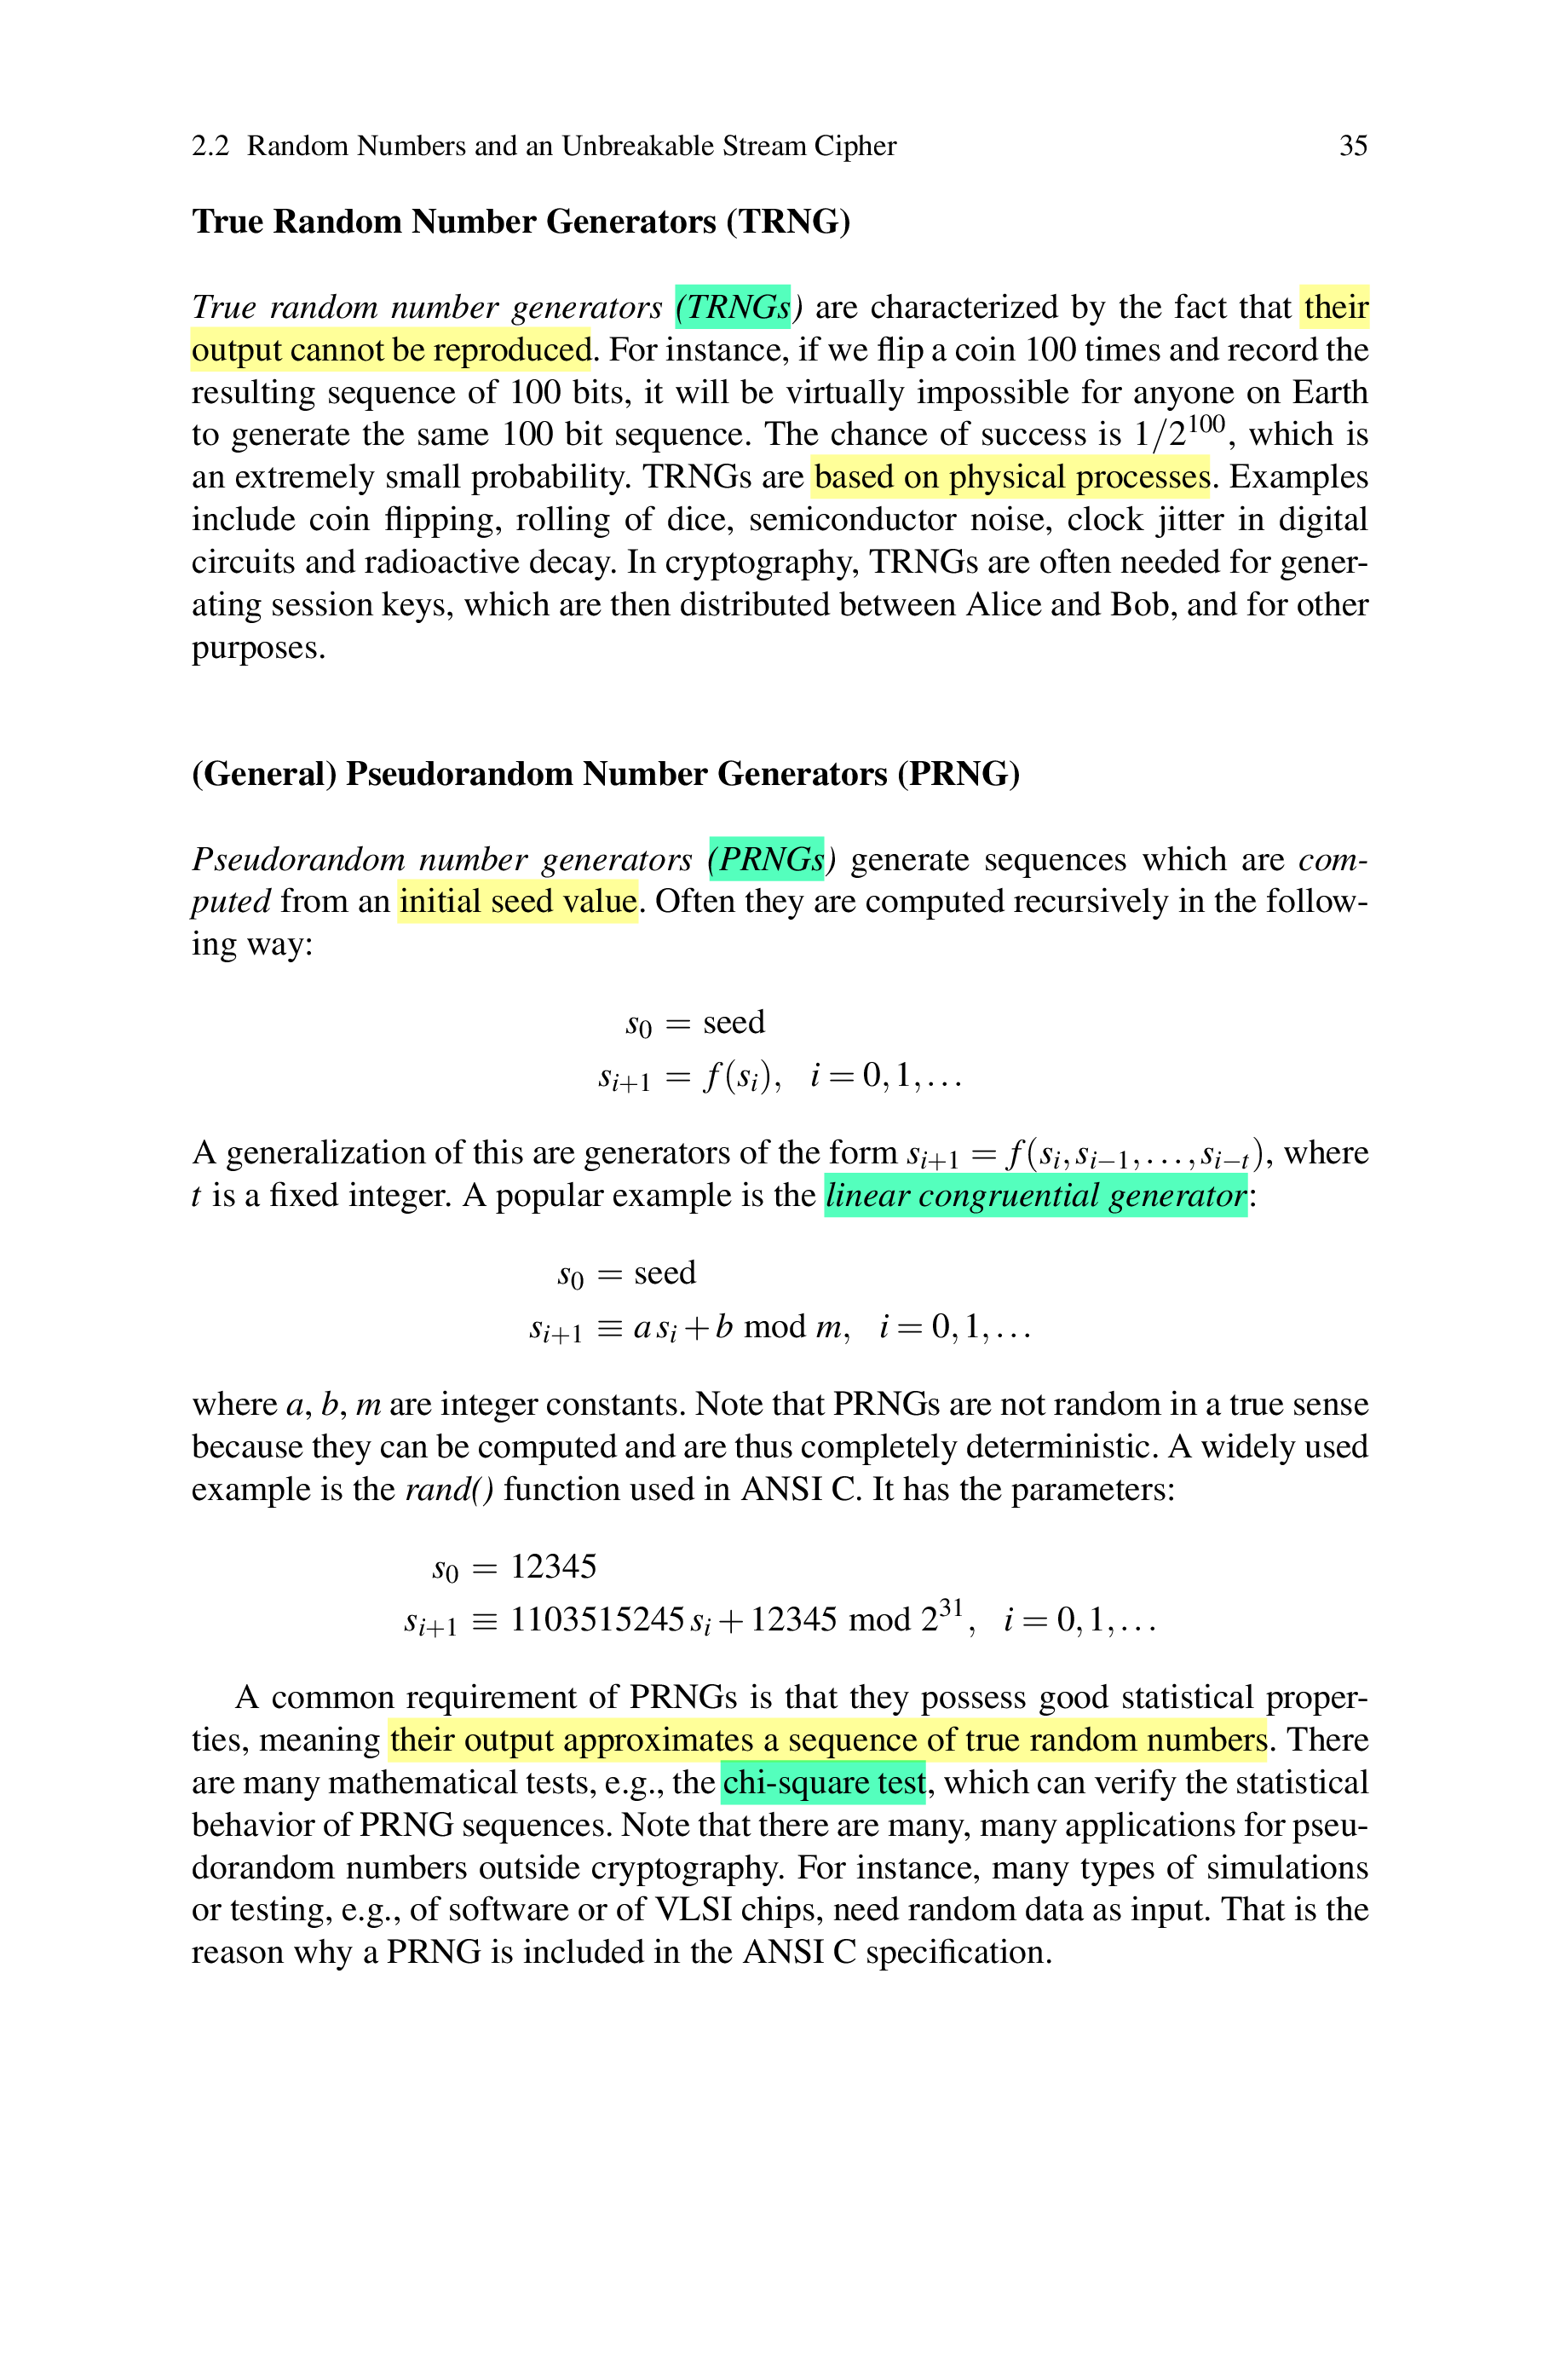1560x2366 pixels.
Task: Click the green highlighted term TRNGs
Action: (737, 307)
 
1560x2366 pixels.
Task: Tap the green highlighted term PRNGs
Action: (771, 858)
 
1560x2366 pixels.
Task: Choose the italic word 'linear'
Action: (867, 1195)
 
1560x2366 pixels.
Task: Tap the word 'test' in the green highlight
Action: (901, 1783)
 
